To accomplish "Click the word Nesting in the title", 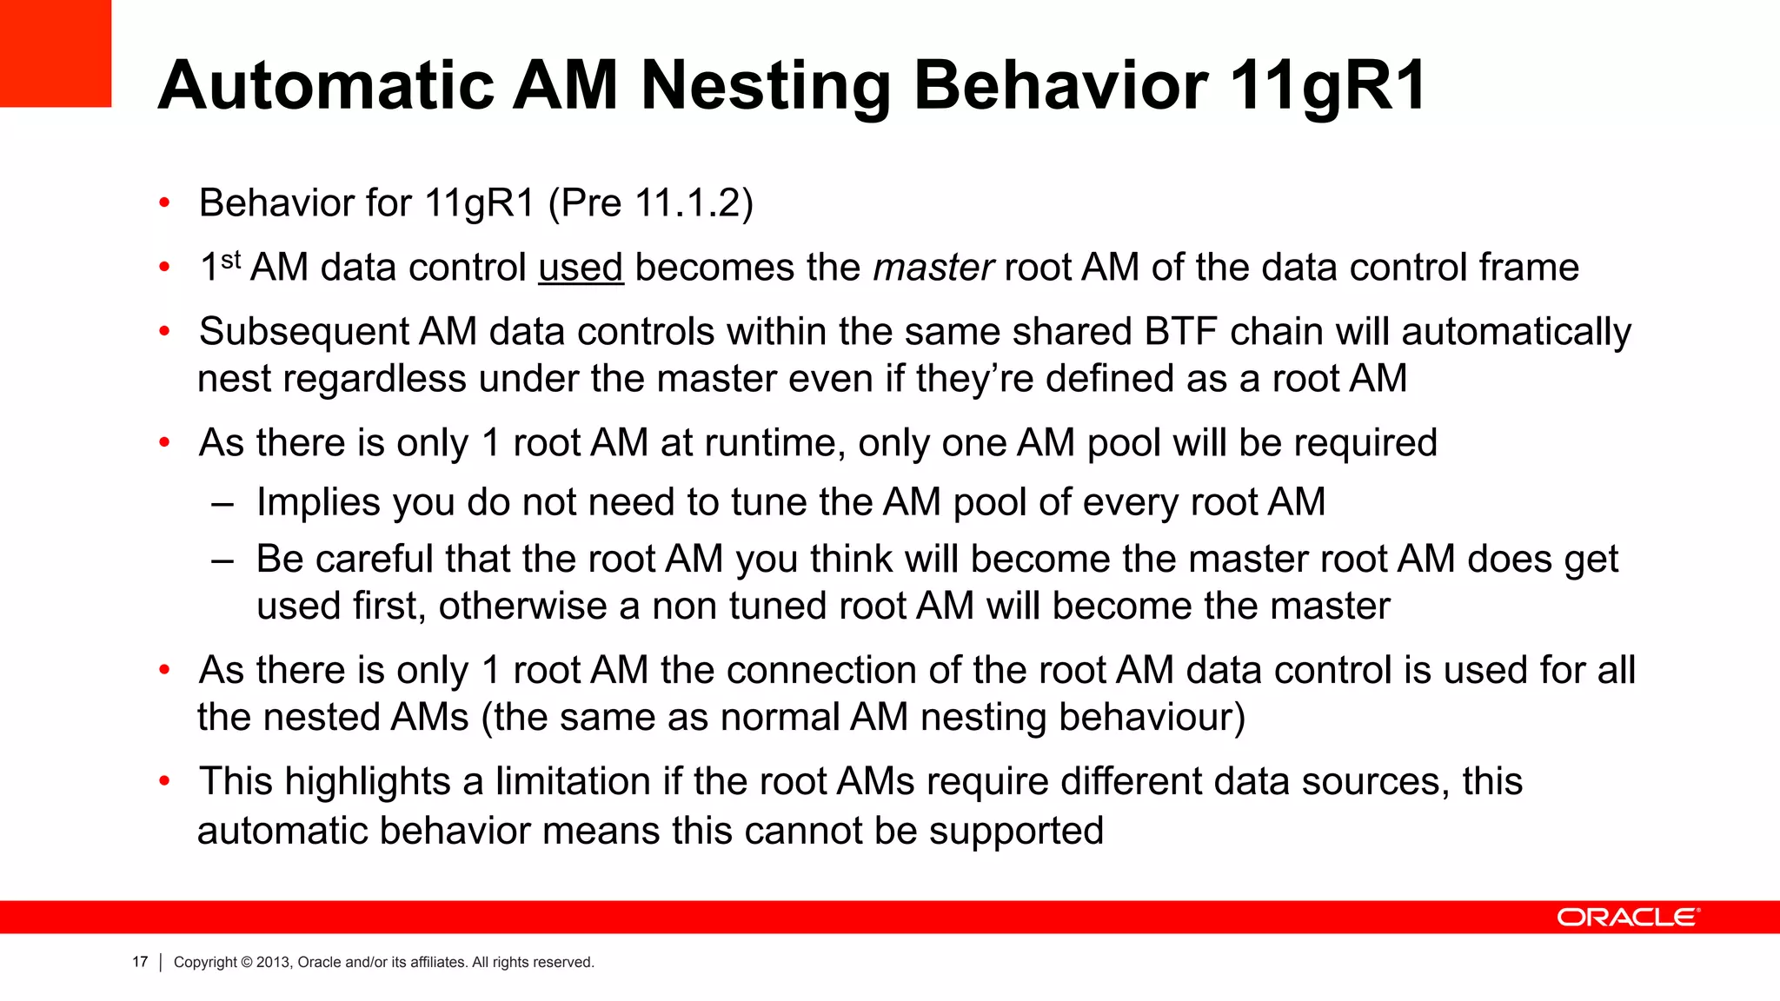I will point(766,87).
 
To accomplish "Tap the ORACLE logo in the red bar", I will point(1628,918).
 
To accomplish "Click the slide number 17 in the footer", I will point(140,962).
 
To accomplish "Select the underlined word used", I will point(581,268).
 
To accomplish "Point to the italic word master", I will point(933,268).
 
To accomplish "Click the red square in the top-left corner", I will point(55,53).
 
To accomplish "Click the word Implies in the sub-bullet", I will point(319,503).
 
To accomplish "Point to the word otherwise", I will point(522,607).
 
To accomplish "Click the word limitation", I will point(573,781).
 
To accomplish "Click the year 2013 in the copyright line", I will point(273,962).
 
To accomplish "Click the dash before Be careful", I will point(222,560).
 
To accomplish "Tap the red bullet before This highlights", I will point(164,781).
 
